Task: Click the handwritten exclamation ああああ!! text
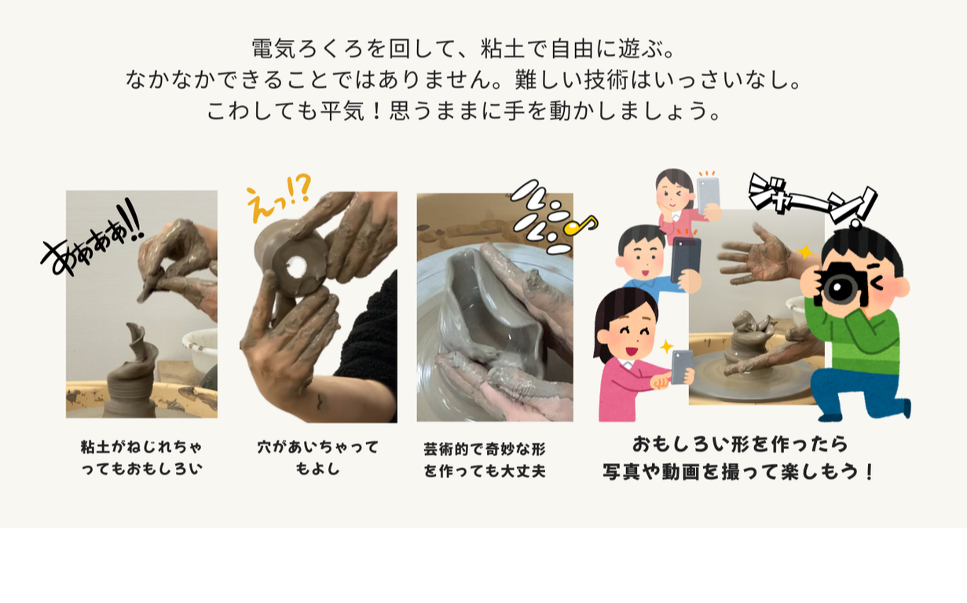(x=90, y=236)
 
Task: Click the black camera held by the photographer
(x=841, y=287)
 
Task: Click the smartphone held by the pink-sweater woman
(x=681, y=366)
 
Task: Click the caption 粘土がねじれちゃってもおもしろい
(x=141, y=458)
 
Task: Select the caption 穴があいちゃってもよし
(x=318, y=458)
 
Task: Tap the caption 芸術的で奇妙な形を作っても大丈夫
(x=484, y=460)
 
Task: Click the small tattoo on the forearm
(x=321, y=403)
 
